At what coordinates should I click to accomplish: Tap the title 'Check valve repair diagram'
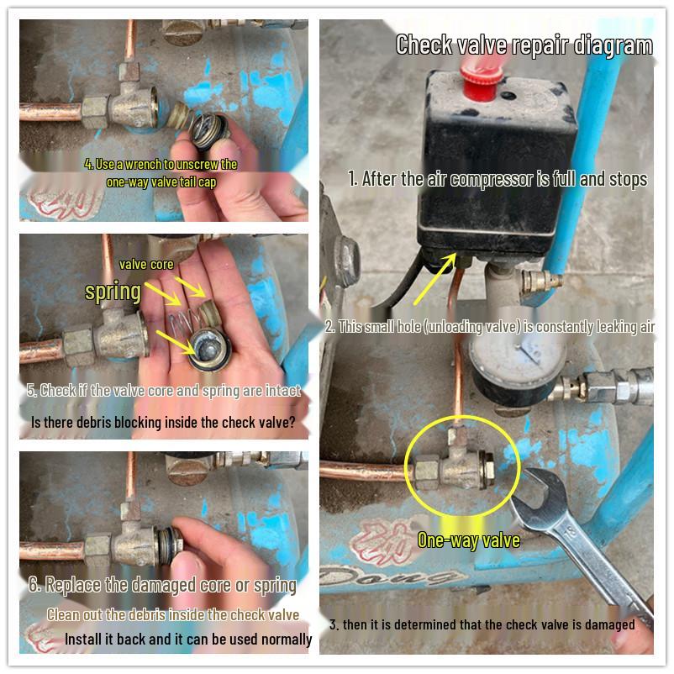pyautogui.click(x=524, y=45)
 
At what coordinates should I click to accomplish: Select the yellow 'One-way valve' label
pyautogui.click(x=468, y=540)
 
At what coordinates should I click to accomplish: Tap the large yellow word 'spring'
pyautogui.click(x=113, y=292)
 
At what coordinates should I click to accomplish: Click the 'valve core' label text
pyautogui.click(x=146, y=265)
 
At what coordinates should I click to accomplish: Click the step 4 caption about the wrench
pyautogui.click(x=161, y=172)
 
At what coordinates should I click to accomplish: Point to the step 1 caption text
pyautogui.click(x=498, y=179)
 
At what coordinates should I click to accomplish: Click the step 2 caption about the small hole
pyautogui.click(x=490, y=327)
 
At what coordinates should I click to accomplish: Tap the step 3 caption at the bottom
pyautogui.click(x=482, y=624)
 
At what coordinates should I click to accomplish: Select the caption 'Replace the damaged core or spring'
pyautogui.click(x=162, y=585)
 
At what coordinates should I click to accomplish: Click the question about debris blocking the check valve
pyautogui.click(x=162, y=422)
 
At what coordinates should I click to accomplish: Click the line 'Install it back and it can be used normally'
pyautogui.click(x=188, y=640)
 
